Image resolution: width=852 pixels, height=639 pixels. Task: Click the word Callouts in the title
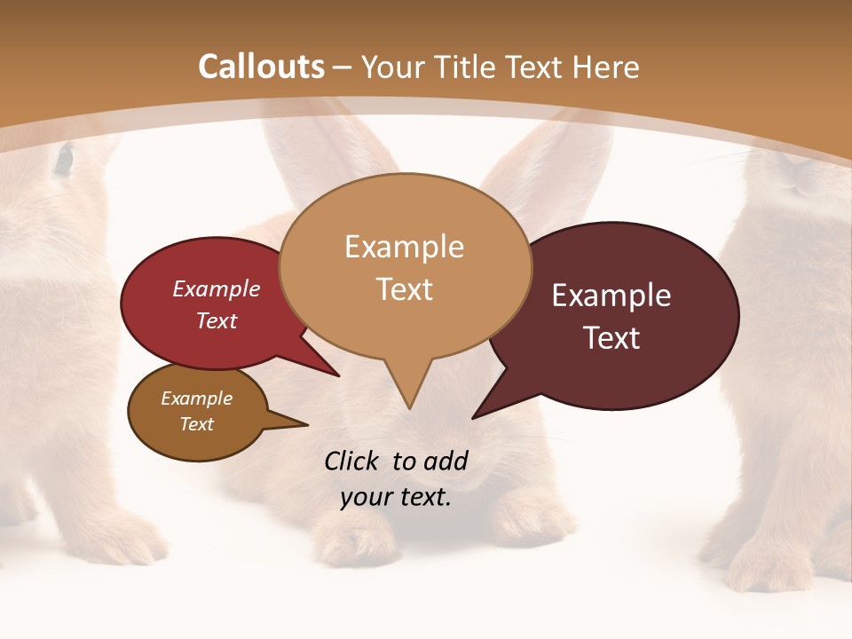coord(261,67)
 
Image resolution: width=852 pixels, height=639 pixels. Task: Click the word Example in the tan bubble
coord(404,247)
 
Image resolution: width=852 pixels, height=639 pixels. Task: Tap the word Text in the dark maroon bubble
coord(611,338)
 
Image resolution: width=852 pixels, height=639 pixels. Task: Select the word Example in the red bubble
coord(217,288)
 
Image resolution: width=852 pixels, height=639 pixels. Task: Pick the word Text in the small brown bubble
coord(197,424)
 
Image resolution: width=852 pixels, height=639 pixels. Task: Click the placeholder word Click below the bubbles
coord(353,461)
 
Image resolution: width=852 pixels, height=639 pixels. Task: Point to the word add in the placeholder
coord(445,461)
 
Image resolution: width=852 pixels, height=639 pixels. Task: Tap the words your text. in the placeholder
coord(396,497)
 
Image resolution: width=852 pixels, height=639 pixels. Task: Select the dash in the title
coord(343,67)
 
